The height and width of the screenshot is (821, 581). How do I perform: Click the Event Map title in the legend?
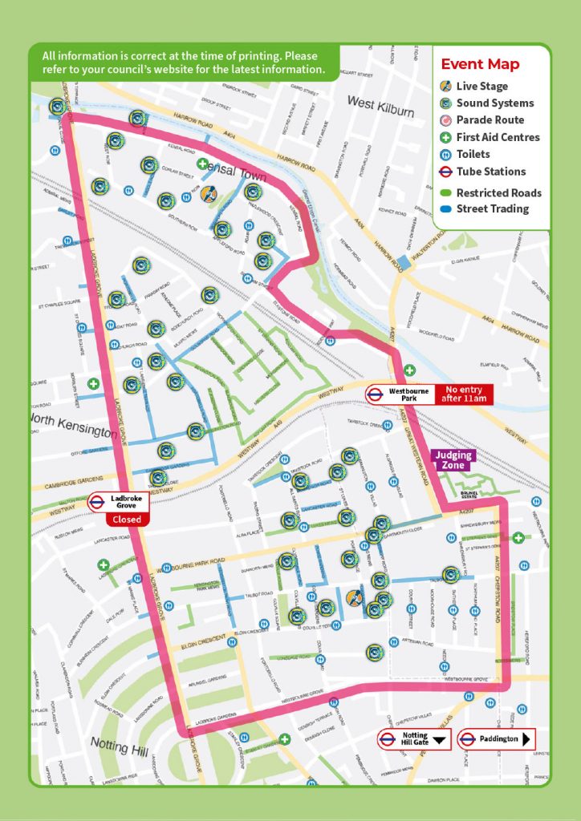tap(480, 65)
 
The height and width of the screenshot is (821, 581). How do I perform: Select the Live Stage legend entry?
tap(481, 86)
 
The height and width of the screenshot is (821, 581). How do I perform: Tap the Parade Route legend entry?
tap(490, 120)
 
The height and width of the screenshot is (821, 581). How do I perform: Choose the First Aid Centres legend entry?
tap(498, 137)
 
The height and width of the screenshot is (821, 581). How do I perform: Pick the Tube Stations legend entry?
tap(490, 172)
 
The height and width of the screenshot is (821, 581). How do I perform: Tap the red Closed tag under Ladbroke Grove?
tap(125, 519)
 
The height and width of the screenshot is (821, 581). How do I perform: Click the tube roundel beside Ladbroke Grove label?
tap(97, 503)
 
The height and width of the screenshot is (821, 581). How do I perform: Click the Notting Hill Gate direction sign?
tap(415, 739)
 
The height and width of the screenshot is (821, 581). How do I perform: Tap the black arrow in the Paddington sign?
tap(526, 739)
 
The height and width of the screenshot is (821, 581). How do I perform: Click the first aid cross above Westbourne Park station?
tap(409, 370)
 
